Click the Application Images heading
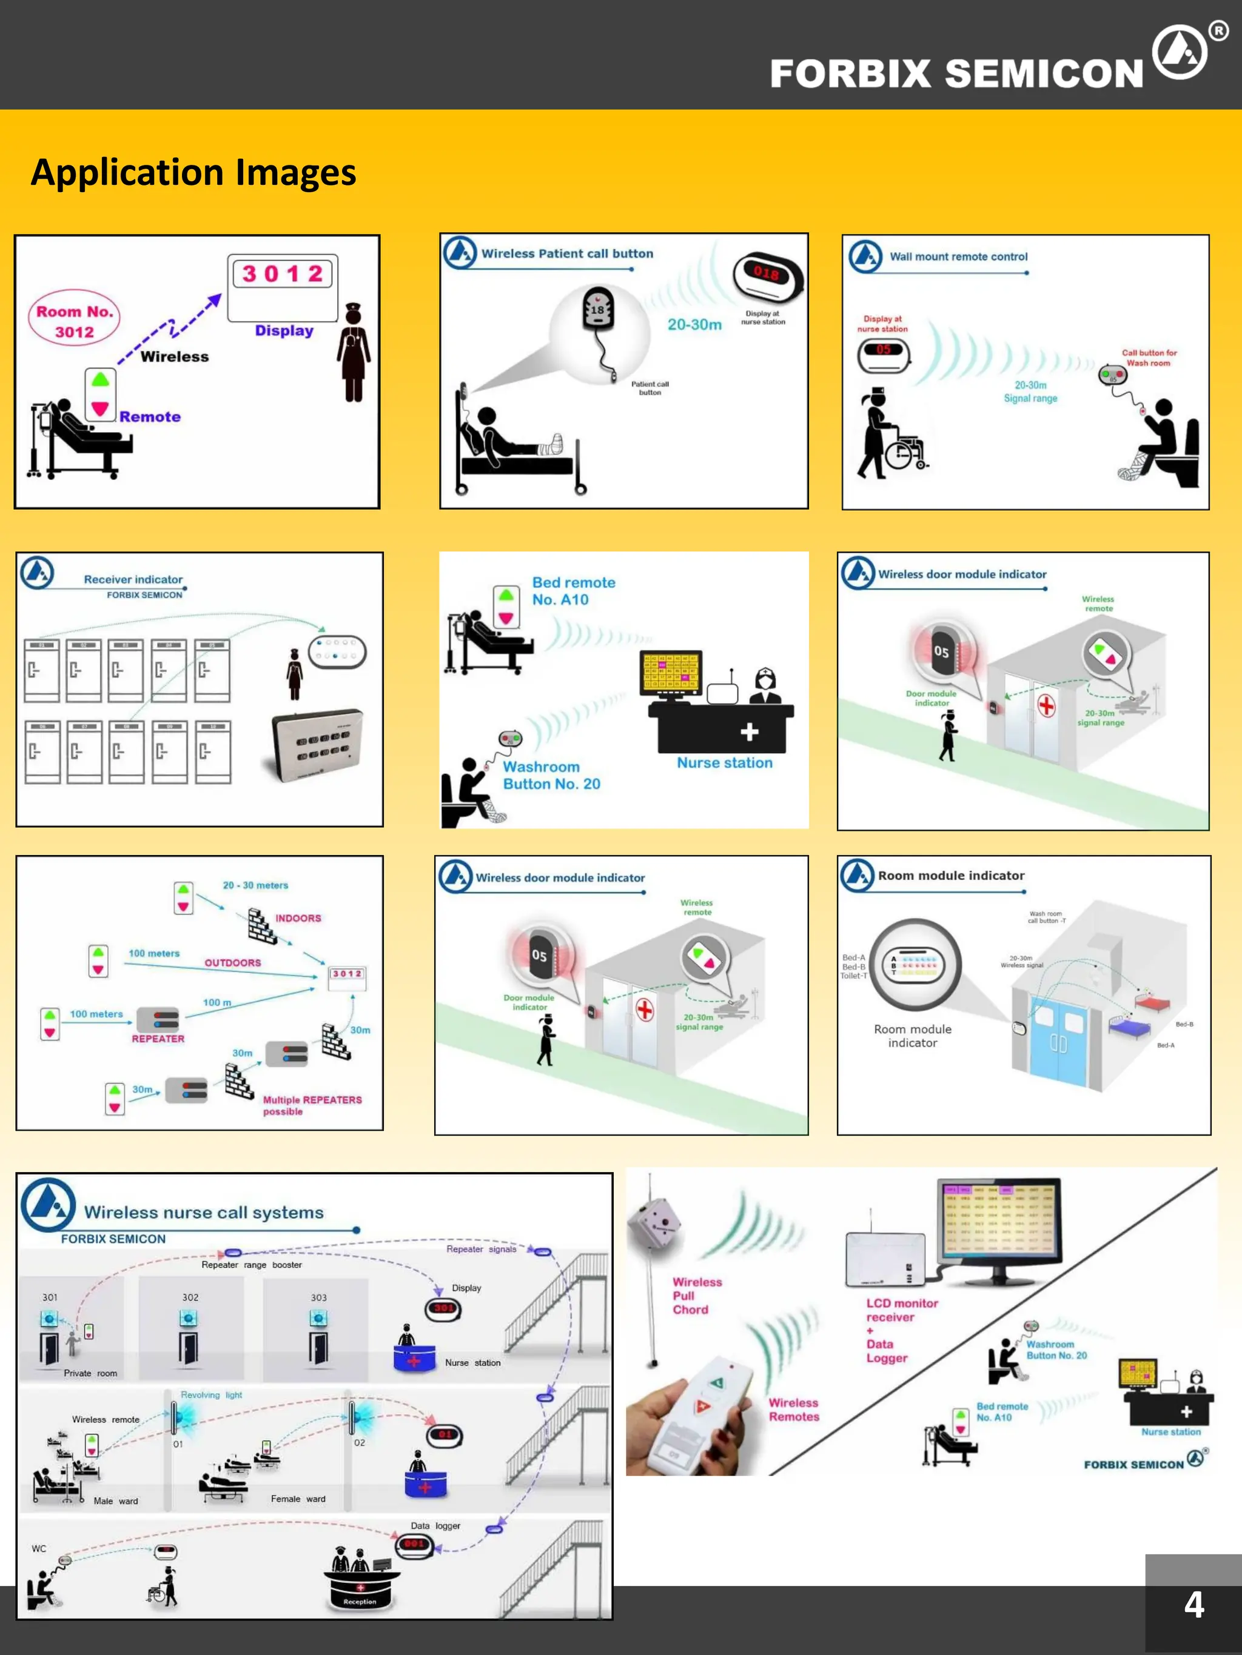(x=193, y=172)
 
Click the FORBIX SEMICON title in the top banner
(x=956, y=73)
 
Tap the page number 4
(x=1193, y=1604)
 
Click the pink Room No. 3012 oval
(x=74, y=322)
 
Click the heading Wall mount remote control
(x=958, y=256)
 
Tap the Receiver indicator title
(x=133, y=579)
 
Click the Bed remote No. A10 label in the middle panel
(x=574, y=590)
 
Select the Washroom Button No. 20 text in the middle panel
(x=551, y=775)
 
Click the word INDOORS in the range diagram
(x=298, y=918)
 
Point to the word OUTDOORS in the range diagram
(x=233, y=963)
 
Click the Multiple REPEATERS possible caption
(x=312, y=1105)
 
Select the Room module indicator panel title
(x=951, y=876)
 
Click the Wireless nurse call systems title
(x=204, y=1212)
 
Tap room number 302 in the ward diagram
(x=190, y=1297)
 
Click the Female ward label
(x=298, y=1499)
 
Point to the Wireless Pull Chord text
(x=696, y=1296)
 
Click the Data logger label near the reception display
(x=435, y=1525)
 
